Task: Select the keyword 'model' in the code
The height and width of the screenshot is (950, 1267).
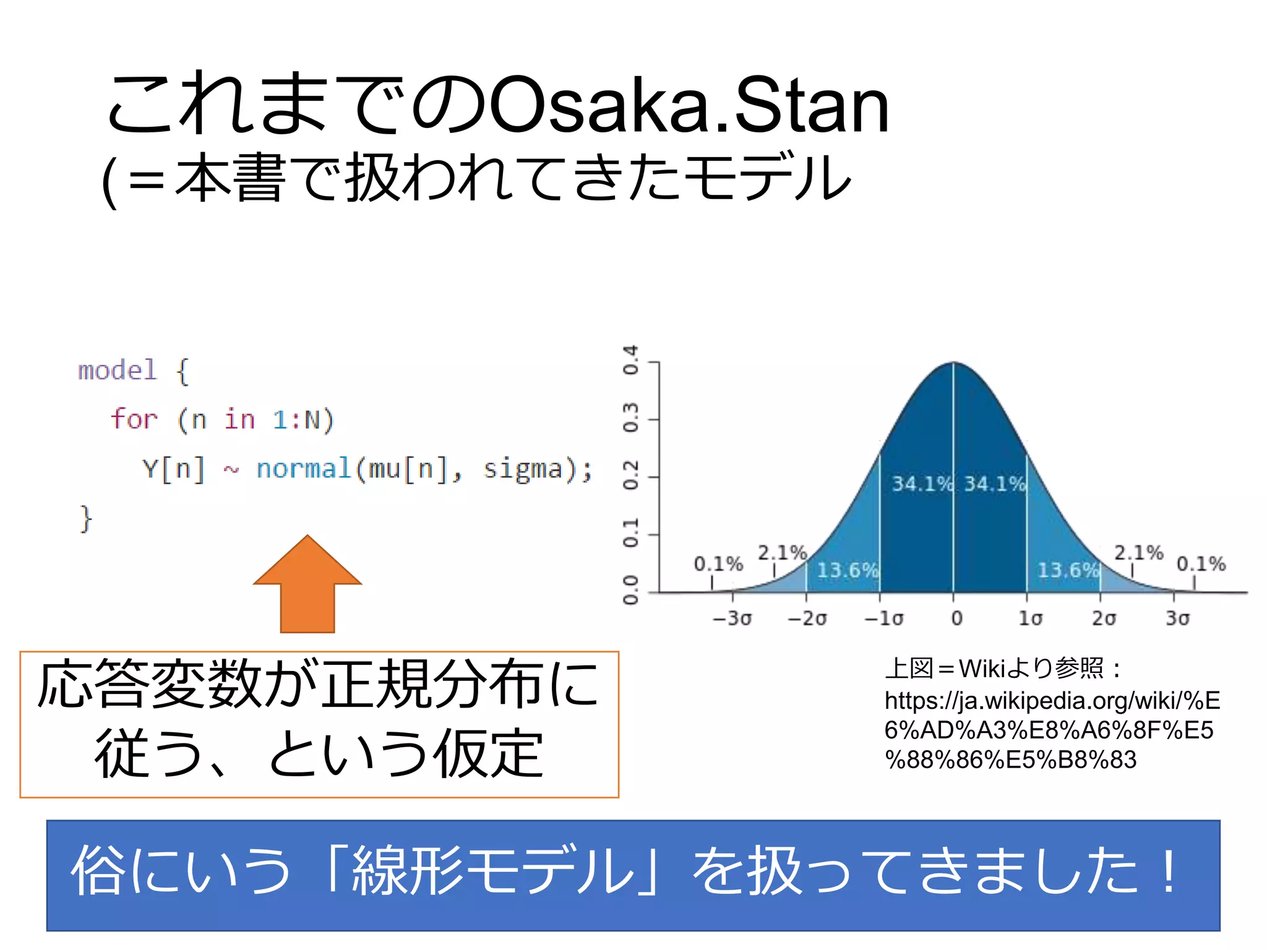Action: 118,370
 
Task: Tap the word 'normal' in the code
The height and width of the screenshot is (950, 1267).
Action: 304,468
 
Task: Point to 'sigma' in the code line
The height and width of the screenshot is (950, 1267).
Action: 522,468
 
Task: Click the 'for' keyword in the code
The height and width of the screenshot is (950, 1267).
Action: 134,419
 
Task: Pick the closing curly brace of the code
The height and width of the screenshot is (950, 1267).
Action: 85,518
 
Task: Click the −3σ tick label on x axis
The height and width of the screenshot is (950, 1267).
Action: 732,618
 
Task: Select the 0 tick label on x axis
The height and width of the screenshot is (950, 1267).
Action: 956,618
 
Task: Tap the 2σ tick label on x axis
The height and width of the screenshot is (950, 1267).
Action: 1104,618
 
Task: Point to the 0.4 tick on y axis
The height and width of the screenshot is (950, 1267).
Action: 630,361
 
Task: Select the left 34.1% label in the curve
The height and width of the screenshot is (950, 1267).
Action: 920,484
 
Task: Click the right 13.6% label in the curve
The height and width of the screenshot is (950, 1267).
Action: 1067,570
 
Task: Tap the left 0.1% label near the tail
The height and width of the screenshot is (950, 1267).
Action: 718,564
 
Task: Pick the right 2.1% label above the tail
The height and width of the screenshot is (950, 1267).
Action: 1138,552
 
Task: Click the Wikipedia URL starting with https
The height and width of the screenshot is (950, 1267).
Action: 1052,730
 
